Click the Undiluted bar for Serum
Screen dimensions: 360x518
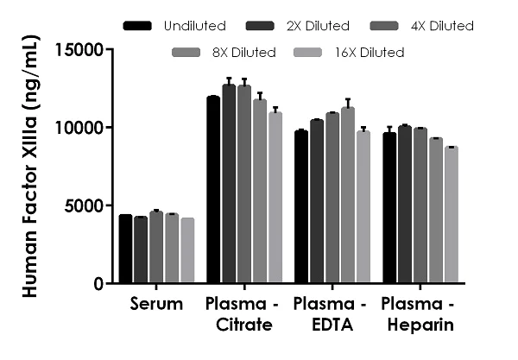pos(126,249)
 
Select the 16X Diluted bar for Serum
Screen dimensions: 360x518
pos(187,250)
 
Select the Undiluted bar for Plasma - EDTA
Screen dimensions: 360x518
pos(301,207)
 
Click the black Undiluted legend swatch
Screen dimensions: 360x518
pos(138,26)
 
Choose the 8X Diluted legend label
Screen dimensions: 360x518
pos(242,53)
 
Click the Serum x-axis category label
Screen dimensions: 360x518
pos(156,304)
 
